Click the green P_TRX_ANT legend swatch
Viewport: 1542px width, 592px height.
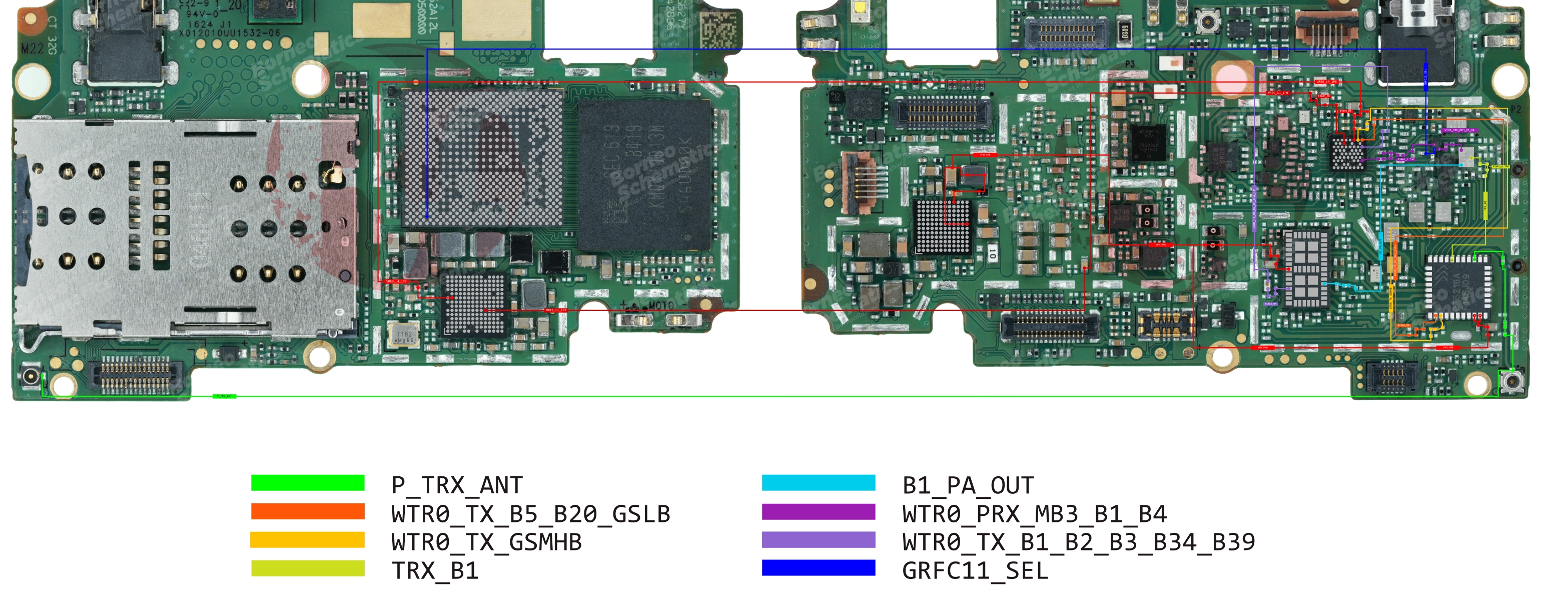[307, 482]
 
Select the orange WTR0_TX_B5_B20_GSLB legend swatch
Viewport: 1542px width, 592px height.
[307, 511]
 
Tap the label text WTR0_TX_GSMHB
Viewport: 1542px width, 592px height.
[486, 542]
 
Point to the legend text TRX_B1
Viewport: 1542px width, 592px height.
[435, 570]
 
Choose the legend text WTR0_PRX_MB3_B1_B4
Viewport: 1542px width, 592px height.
[1034, 513]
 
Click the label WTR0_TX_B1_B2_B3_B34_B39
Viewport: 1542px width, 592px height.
[1078, 542]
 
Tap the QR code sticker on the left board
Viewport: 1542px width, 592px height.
[718, 28]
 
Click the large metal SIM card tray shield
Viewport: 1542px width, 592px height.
[186, 225]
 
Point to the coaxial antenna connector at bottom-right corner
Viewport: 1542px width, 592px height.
[1512, 381]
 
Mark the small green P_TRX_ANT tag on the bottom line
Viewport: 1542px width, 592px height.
[225, 396]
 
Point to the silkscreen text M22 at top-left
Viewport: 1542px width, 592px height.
[31, 48]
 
